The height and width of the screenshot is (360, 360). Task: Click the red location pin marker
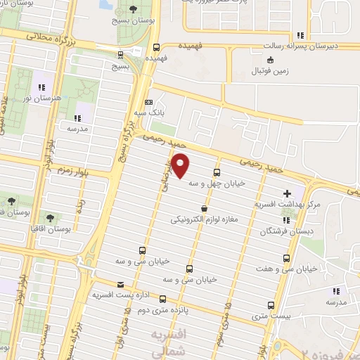click(x=181, y=165)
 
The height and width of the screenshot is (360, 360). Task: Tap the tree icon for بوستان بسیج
click(x=134, y=9)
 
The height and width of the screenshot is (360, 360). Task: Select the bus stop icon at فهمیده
click(x=155, y=48)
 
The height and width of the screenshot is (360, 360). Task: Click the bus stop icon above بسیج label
click(x=120, y=54)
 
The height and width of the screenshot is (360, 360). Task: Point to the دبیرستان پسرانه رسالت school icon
click(x=301, y=34)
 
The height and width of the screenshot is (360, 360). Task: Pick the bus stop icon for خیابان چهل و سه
click(x=216, y=171)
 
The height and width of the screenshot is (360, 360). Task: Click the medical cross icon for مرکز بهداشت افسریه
click(x=287, y=193)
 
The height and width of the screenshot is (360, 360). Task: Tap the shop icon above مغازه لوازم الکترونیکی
click(x=204, y=208)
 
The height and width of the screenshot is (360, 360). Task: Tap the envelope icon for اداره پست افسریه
click(x=122, y=285)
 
